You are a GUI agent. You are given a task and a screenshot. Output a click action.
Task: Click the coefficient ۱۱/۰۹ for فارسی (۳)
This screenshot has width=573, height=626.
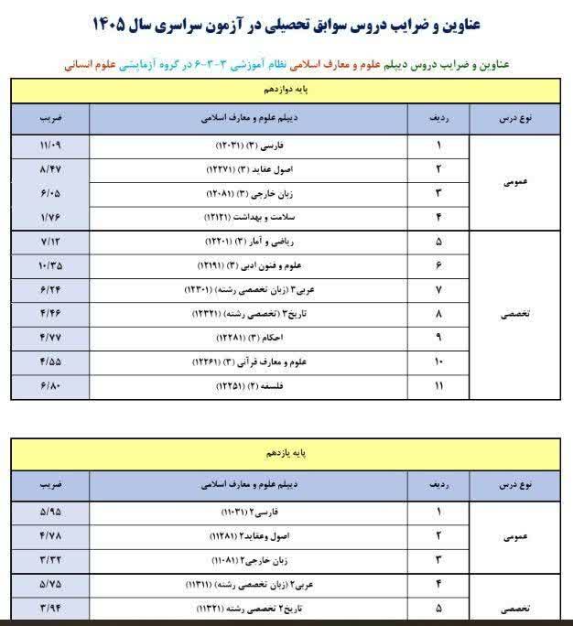pyautogui.click(x=50, y=146)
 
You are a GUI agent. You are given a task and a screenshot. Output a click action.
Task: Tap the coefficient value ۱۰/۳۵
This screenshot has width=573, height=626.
pyautogui.click(x=50, y=265)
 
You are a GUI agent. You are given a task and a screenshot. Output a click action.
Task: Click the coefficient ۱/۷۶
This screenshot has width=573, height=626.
pyautogui.click(x=50, y=217)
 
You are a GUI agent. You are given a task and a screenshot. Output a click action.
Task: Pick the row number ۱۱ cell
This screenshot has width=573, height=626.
pyautogui.click(x=438, y=386)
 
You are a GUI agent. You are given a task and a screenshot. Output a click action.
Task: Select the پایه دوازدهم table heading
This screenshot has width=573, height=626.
pyautogui.click(x=286, y=92)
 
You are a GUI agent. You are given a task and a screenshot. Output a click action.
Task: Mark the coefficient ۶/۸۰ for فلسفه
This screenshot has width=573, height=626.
pyautogui.click(x=50, y=386)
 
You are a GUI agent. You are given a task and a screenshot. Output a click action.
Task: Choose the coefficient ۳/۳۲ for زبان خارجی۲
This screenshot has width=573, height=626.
pyautogui.click(x=50, y=558)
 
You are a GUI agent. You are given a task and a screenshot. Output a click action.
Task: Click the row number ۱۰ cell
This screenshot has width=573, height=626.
pyautogui.click(x=438, y=362)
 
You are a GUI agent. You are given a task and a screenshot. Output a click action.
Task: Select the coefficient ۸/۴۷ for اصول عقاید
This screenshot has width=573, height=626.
pyautogui.click(x=50, y=169)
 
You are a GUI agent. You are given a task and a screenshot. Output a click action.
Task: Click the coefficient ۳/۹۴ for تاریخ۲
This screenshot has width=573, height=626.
pyautogui.click(x=50, y=606)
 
